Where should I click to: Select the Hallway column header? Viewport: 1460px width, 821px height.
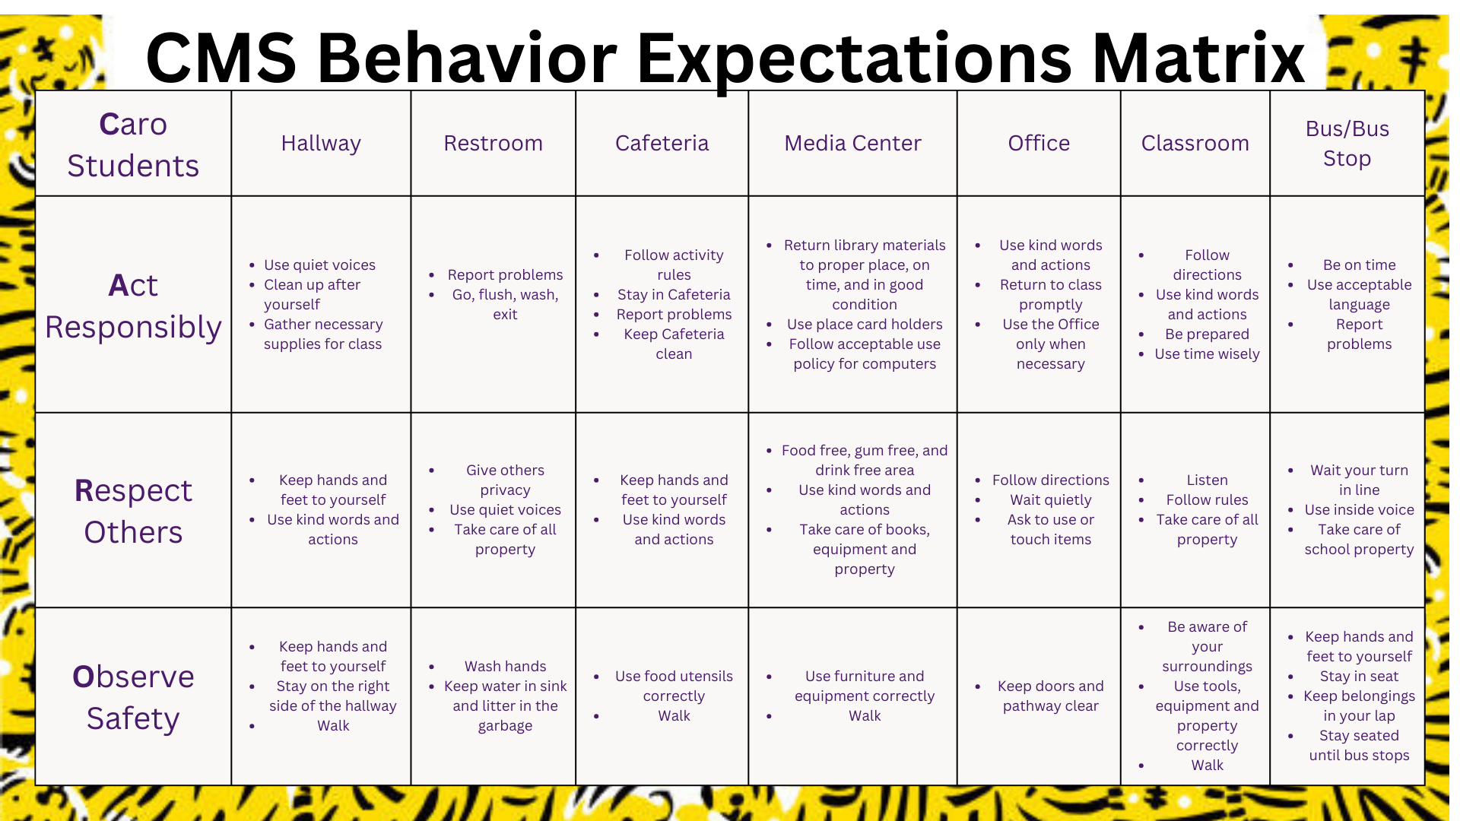pyautogui.click(x=321, y=143)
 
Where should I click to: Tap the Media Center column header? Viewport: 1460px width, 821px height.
pyautogui.click(x=852, y=143)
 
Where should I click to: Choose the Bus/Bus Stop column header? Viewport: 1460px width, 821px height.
pyautogui.click(x=1347, y=144)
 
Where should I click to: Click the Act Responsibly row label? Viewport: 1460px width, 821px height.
pyautogui.click(x=133, y=306)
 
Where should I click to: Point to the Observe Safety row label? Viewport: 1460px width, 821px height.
pyautogui.click(x=133, y=697)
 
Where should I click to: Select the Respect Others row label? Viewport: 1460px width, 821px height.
pyautogui.click(x=133, y=511)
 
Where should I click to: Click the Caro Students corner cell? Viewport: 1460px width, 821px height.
pyautogui.click(x=133, y=144)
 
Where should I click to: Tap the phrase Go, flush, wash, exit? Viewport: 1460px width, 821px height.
pyautogui.click(x=505, y=304)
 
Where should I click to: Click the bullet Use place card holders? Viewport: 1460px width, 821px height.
pyautogui.click(x=865, y=324)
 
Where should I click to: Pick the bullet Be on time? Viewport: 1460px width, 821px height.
pyautogui.click(x=1359, y=265)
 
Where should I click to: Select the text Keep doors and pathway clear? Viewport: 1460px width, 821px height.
pyautogui.click(x=1050, y=696)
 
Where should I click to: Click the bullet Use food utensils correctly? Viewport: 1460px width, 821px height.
pyautogui.click(x=674, y=686)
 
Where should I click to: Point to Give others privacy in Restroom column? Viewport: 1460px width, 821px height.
pyautogui.click(x=505, y=480)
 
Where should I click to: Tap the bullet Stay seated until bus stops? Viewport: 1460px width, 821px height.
pyautogui.click(x=1359, y=745)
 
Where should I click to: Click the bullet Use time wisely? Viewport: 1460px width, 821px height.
pyautogui.click(x=1207, y=353)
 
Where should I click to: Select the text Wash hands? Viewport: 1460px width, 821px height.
pyautogui.click(x=505, y=666)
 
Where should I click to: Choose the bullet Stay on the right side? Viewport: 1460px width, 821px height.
pyautogui.click(x=333, y=696)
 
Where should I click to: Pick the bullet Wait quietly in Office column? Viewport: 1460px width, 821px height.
pyautogui.click(x=1050, y=499)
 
